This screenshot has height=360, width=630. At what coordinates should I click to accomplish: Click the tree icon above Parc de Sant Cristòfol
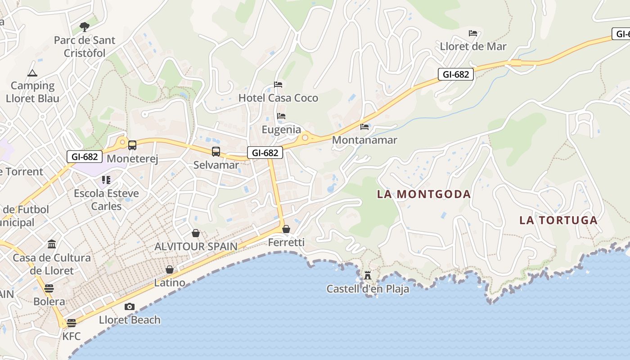point(84,27)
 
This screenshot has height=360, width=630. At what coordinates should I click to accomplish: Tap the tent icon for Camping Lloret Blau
point(32,73)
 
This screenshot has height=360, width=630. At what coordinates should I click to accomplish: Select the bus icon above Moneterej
point(132,145)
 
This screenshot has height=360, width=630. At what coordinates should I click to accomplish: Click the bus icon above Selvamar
point(216,152)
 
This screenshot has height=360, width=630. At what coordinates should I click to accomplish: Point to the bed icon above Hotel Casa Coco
point(278,85)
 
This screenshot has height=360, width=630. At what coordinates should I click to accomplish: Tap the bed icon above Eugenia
point(281,116)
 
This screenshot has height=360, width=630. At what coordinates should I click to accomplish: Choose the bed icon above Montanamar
point(364,127)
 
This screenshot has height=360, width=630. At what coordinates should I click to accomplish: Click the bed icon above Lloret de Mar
point(473,33)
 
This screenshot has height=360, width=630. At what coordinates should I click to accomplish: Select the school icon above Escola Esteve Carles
point(106,180)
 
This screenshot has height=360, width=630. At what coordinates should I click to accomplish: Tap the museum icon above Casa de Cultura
point(52,244)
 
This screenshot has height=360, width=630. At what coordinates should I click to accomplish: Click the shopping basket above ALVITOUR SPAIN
point(196,233)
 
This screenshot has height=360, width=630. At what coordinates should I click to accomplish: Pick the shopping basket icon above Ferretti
point(286,229)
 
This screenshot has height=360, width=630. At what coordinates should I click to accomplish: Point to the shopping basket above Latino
point(170,270)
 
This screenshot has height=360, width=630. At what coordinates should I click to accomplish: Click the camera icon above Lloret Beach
point(130,307)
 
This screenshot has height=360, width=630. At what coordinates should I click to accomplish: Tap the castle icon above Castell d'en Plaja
point(368,275)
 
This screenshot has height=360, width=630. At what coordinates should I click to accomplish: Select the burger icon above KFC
point(71,323)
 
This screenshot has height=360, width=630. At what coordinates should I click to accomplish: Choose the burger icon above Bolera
point(49,288)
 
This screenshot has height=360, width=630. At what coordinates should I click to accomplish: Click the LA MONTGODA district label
point(424,194)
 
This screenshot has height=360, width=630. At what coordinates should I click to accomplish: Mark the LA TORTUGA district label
point(558,220)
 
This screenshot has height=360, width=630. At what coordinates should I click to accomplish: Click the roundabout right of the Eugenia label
point(305,138)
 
